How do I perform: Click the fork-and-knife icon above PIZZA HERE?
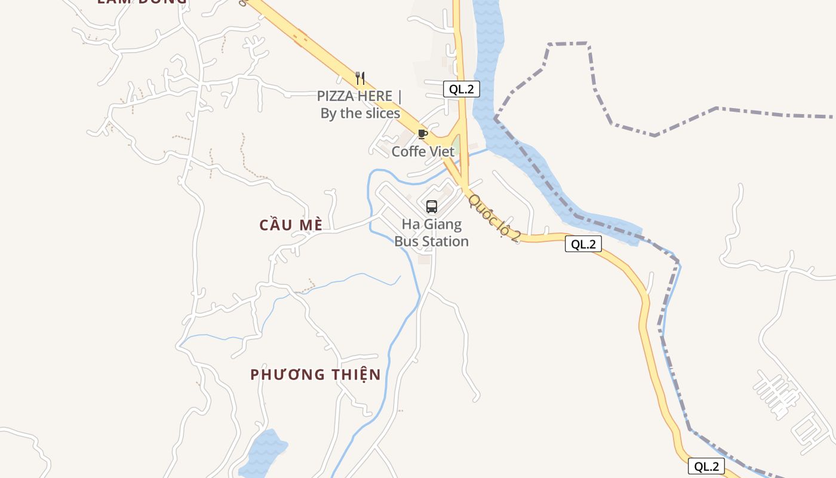pos(359,78)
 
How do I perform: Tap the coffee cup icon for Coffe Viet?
pos(423,134)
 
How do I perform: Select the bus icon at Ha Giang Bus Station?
pos(432,207)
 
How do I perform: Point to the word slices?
pos(379,114)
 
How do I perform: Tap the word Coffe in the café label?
pos(408,152)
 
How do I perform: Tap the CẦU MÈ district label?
pos(291,225)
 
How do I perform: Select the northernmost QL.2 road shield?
pos(462,90)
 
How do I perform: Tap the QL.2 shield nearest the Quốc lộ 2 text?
pos(583,244)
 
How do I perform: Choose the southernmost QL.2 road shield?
pos(706,467)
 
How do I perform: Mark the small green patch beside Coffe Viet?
pos(456,145)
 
